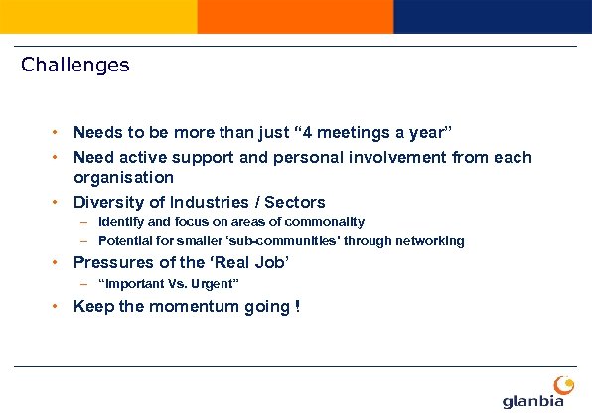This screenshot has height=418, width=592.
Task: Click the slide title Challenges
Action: (x=75, y=66)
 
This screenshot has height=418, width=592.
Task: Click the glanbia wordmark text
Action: (x=533, y=400)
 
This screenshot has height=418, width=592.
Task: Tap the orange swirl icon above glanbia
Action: (x=563, y=383)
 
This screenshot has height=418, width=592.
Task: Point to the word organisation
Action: (x=123, y=177)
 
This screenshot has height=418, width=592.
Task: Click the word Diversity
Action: (x=108, y=202)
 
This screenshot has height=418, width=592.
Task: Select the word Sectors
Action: (x=294, y=202)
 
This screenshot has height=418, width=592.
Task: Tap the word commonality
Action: (x=323, y=222)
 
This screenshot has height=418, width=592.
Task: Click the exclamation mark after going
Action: (x=297, y=306)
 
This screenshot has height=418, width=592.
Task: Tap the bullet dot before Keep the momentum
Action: (x=58, y=306)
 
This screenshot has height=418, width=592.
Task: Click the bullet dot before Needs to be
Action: (x=58, y=132)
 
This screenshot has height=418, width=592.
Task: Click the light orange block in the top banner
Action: (x=98, y=17)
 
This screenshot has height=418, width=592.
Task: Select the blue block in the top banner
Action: (x=492, y=17)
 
